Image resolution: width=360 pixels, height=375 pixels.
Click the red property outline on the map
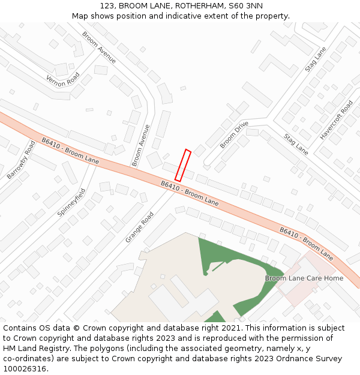point(183,166)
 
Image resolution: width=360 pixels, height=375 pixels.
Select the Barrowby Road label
point(22,160)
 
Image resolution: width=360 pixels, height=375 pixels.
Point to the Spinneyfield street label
point(72,202)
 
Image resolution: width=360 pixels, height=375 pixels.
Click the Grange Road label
point(139,227)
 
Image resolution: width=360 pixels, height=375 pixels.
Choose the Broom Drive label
point(234,134)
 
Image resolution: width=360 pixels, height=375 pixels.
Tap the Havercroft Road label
point(336,120)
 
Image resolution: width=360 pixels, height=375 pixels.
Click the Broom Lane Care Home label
point(304,278)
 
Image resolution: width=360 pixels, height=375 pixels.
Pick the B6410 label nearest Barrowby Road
point(70,151)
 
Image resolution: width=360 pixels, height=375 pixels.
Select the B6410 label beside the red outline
point(190,193)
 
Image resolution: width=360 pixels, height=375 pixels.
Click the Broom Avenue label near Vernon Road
point(99,47)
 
